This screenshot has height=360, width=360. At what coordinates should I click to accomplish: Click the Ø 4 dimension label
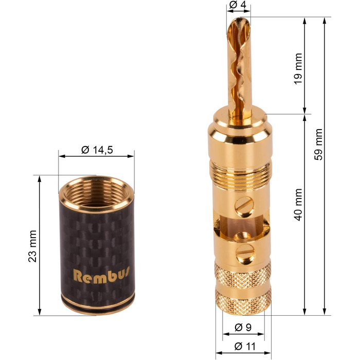click(x=238, y=5)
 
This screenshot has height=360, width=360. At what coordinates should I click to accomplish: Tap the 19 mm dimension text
click(x=298, y=68)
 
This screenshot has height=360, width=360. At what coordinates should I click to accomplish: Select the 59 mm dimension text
click(x=318, y=145)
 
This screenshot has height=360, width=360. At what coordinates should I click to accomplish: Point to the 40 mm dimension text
click(x=298, y=205)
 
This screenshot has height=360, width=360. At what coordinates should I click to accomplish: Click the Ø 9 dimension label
click(x=243, y=328)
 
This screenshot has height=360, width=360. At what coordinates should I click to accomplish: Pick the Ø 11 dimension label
click(x=245, y=346)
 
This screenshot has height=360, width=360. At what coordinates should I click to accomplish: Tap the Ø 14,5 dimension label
click(x=97, y=150)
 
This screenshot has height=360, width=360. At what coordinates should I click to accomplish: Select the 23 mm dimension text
click(x=32, y=246)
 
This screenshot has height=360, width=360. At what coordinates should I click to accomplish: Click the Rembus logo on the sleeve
click(x=101, y=275)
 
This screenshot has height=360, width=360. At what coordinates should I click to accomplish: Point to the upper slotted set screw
click(x=244, y=207)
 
